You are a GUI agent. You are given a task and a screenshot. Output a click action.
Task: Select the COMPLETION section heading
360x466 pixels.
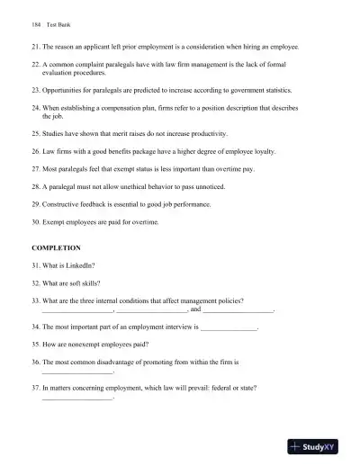point(57,246)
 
